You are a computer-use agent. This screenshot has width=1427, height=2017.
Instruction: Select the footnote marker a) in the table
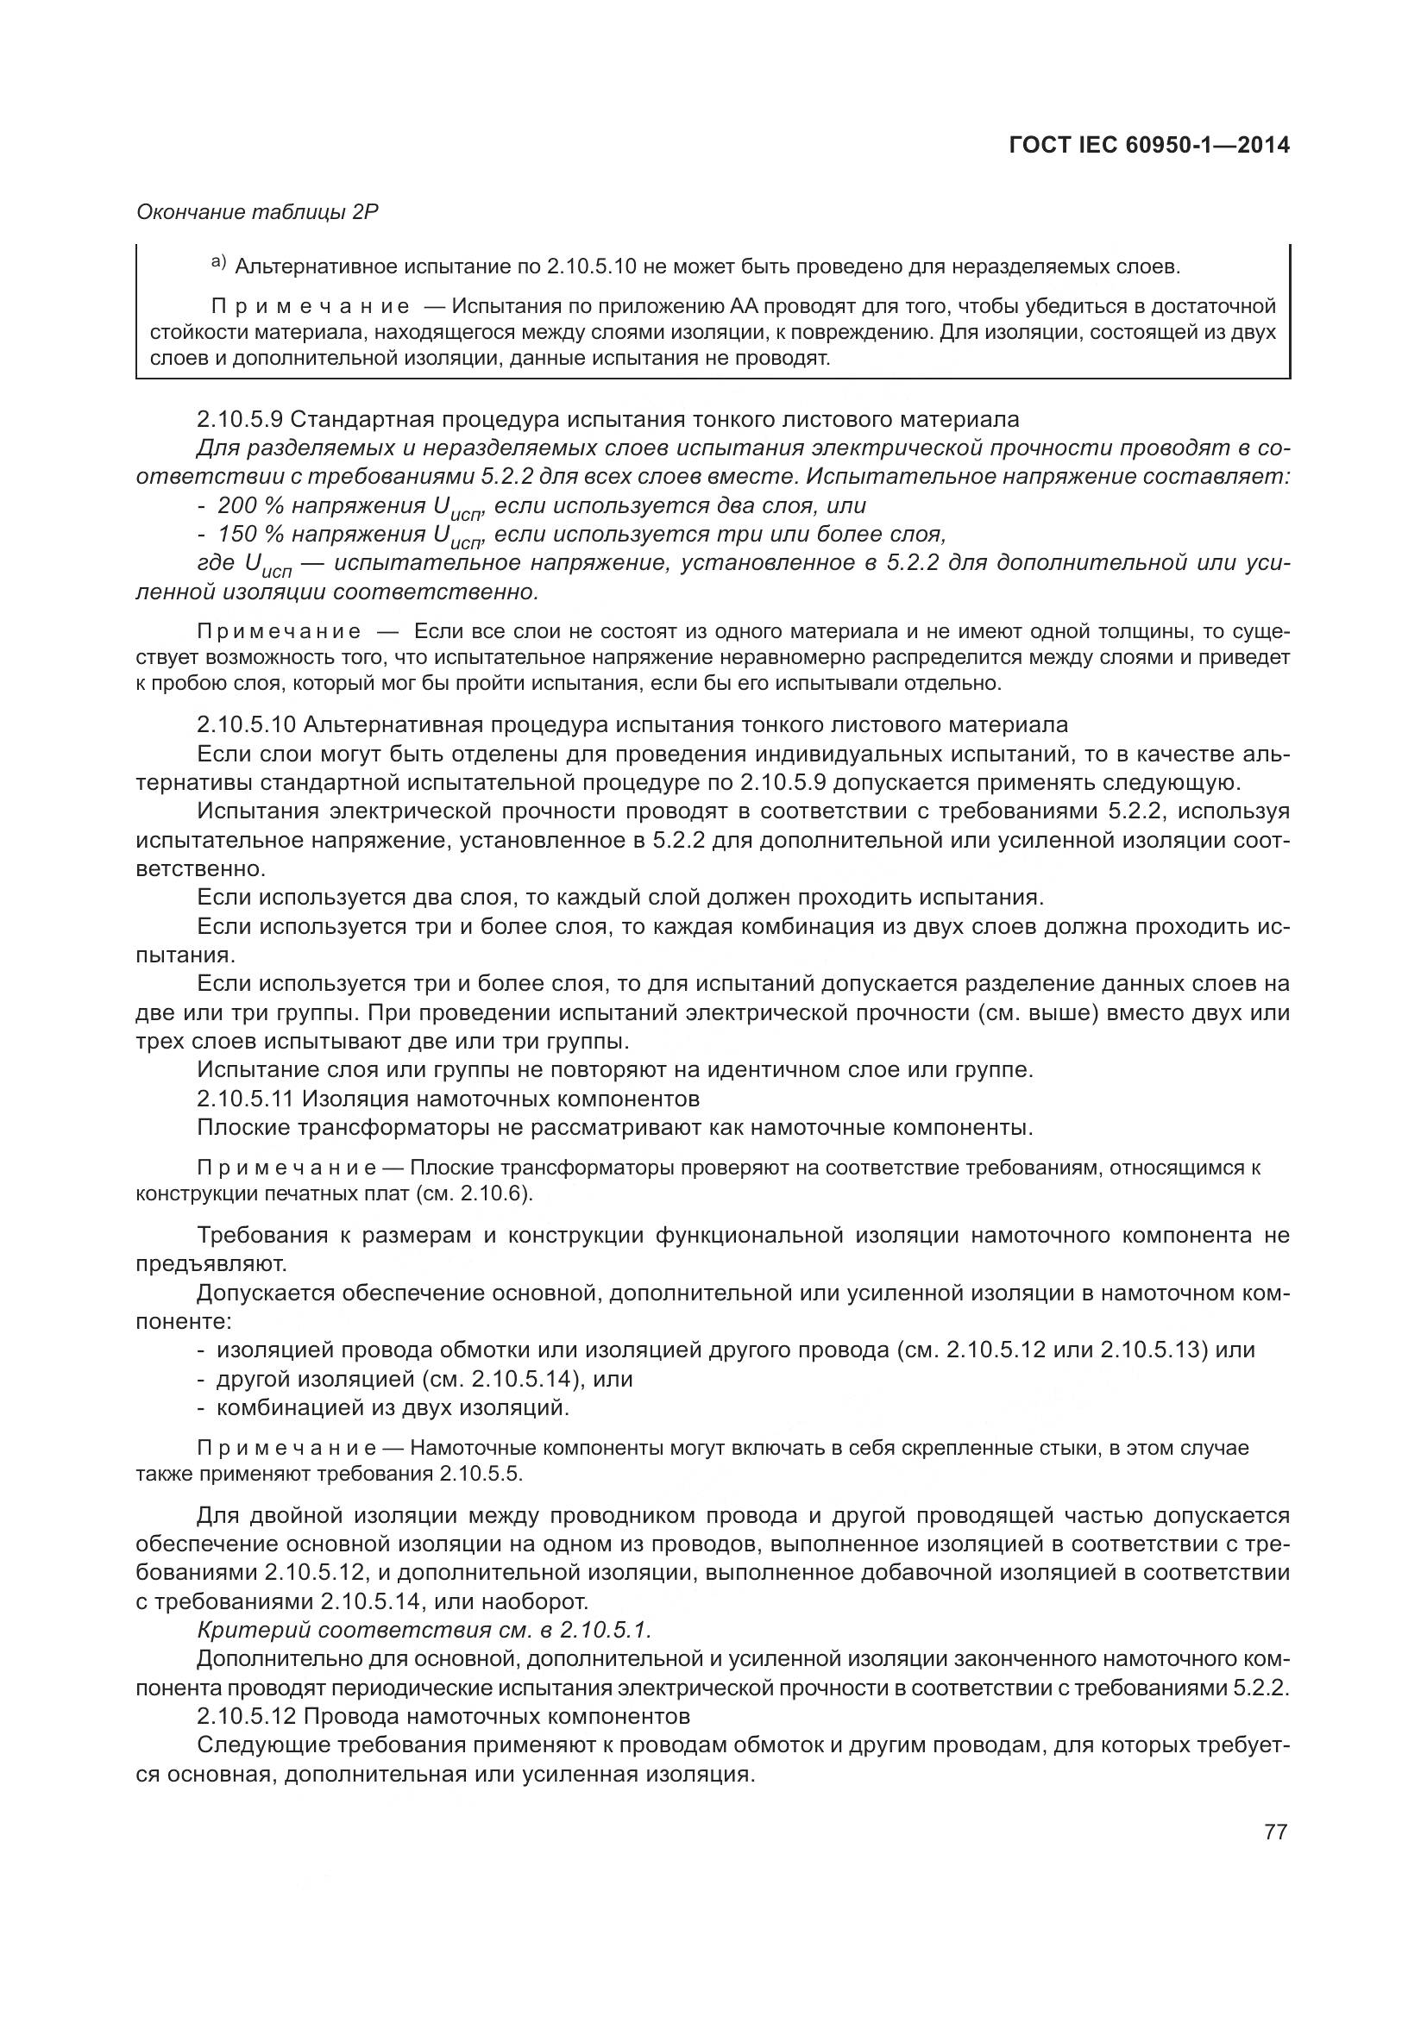point(219,263)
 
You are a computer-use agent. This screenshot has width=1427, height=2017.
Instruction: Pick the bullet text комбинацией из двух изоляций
point(393,1408)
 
